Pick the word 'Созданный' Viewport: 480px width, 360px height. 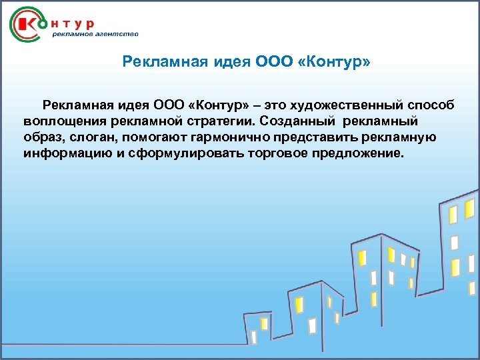(x=298, y=121)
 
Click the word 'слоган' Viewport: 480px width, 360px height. (x=93, y=137)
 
